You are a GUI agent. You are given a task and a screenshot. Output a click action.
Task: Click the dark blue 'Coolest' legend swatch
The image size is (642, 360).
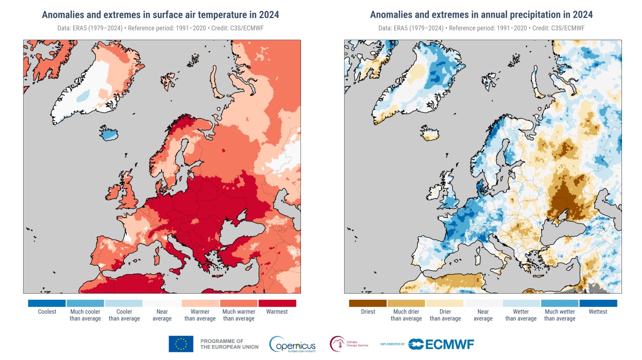[47, 303]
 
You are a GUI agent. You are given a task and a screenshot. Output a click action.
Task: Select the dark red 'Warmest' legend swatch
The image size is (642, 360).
[277, 303]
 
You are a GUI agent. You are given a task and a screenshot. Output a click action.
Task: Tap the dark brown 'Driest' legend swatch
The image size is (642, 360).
[368, 303]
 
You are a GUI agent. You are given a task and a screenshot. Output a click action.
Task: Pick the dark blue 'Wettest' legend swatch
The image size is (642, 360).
[598, 303]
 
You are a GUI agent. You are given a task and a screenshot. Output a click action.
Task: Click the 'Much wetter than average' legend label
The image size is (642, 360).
[560, 315]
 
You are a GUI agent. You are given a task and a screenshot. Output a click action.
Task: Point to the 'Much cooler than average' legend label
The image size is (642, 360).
[85, 315]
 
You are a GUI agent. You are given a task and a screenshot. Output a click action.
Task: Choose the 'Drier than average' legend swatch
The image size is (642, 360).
[444, 303]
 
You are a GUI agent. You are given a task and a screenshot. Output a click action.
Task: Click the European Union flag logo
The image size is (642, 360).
[181, 344]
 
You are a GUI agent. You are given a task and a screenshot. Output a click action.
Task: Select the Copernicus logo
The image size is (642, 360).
[292, 344]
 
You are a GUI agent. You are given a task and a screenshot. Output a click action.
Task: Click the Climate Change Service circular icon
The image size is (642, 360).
[338, 344]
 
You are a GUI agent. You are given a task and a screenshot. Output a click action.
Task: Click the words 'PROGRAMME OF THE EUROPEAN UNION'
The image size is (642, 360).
[229, 344]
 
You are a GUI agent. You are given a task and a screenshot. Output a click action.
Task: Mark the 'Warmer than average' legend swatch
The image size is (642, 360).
[201, 303]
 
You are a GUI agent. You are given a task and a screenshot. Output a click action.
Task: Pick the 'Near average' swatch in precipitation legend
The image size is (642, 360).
[483, 303]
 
